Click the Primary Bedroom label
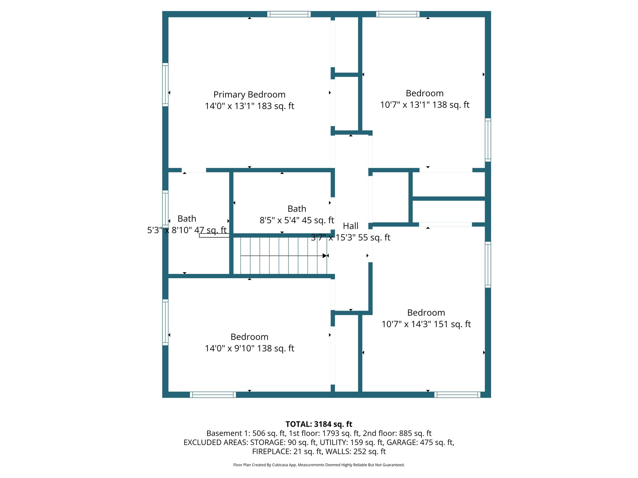tap(249, 95)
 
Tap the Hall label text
tap(350, 226)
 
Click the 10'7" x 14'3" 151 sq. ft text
tap(426, 324)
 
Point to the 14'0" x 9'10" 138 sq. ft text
tap(249, 349)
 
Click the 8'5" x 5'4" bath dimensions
tap(297, 220)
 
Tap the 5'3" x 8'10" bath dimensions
tap(187, 230)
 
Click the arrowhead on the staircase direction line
tap(325, 256)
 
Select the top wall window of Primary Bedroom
tap(289, 14)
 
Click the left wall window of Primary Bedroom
tap(165, 85)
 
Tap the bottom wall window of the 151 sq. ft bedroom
tap(457, 395)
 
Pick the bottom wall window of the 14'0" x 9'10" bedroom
tap(213, 395)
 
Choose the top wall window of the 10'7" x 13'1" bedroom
tap(398, 14)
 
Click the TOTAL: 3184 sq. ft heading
tap(319, 424)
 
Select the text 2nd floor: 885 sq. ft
tap(397, 433)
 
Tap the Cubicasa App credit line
tap(319, 465)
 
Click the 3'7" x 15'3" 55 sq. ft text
tap(350, 238)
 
